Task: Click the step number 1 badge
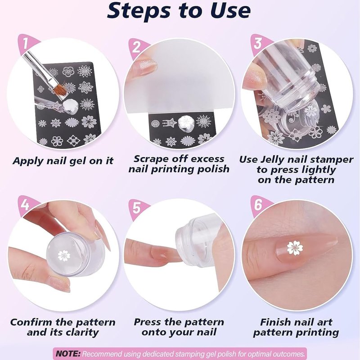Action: (x=26, y=43)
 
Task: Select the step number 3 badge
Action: (x=258, y=43)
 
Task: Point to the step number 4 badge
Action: (x=26, y=205)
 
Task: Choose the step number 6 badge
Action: (x=258, y=204)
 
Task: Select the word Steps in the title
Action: (x=139, y=10)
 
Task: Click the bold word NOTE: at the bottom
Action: (x=68, y=353)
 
